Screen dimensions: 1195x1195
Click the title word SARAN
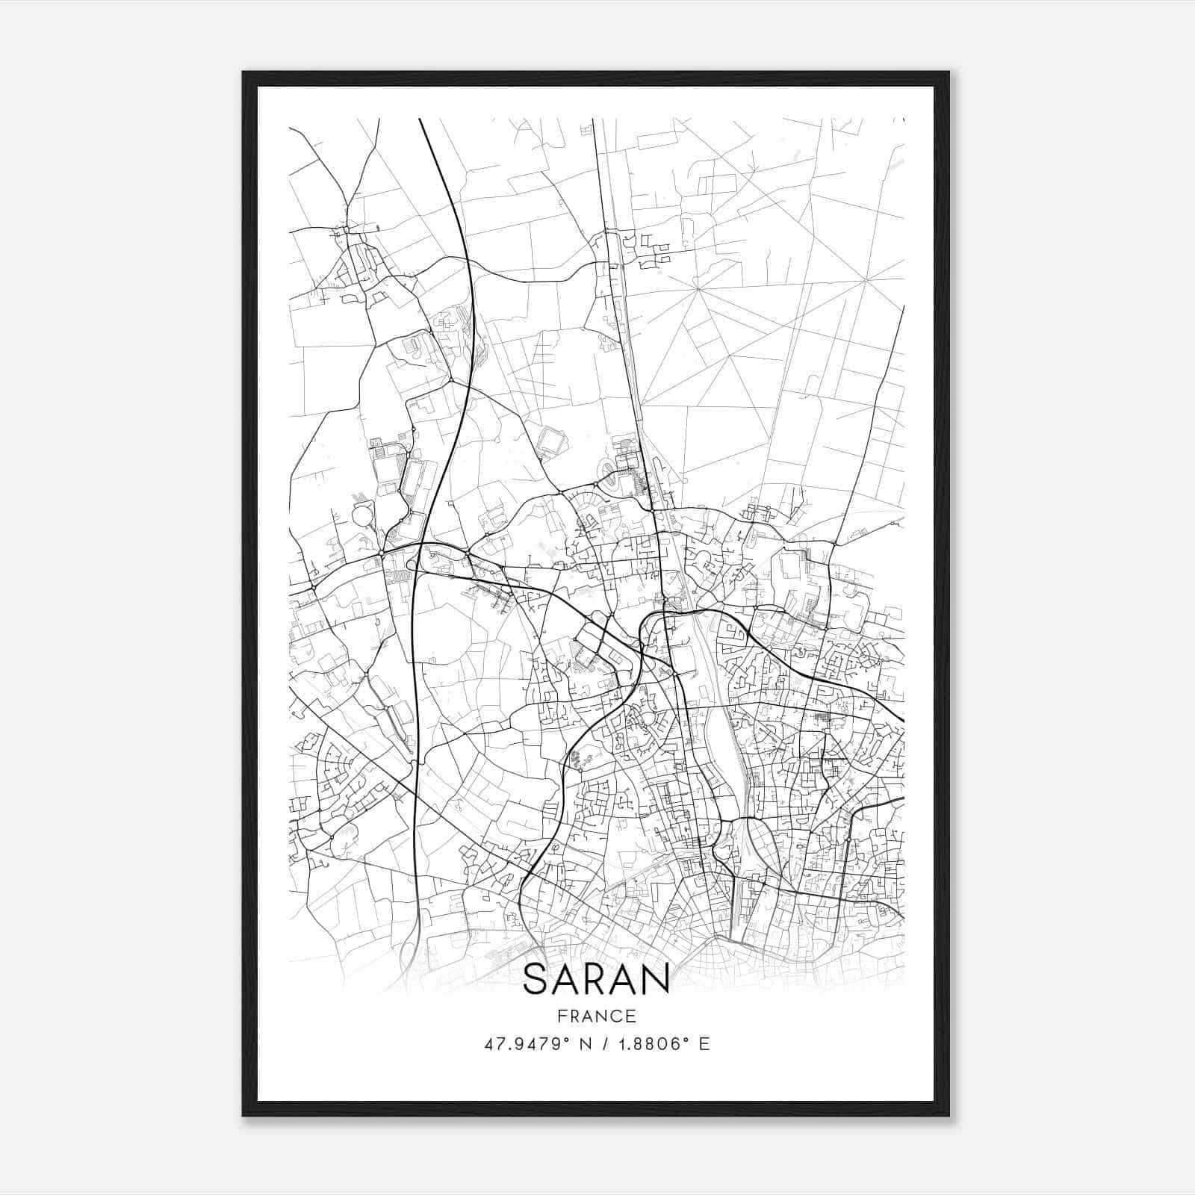coord(596,979)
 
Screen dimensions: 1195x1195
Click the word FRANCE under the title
coord(597,1016)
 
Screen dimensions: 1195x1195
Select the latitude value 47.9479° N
coord(530,1044)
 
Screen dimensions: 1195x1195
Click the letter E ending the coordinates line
coord(704,1044)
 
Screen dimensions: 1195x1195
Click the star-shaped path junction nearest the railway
coord(696,288)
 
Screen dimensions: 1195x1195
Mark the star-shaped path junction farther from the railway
coord(865,279)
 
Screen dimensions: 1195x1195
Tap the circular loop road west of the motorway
coord(361,515)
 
